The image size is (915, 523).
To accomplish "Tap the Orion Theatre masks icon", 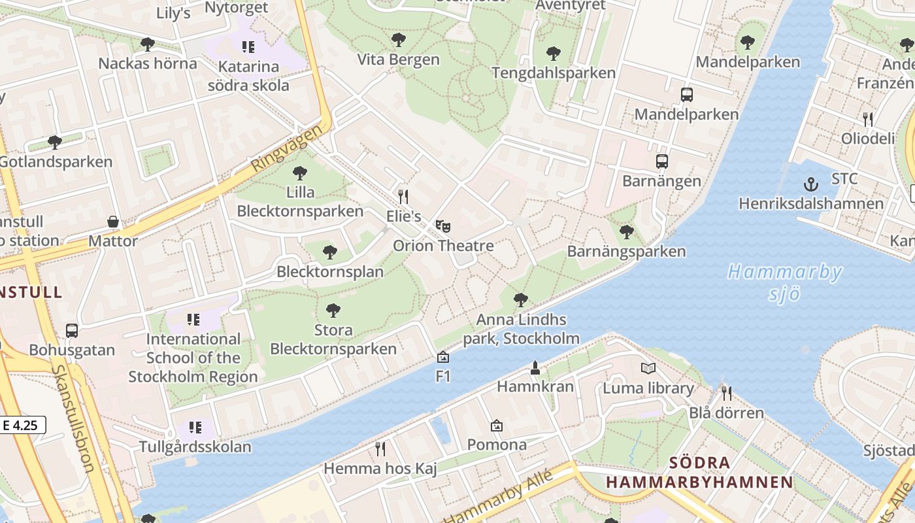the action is [x=443, y=226].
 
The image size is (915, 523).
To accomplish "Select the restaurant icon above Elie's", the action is [x=403, y=196].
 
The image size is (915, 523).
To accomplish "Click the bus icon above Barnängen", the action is [x=661, y=161].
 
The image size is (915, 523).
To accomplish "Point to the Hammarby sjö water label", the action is [x=784, y=282].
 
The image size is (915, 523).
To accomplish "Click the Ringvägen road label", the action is [x=288, y=148].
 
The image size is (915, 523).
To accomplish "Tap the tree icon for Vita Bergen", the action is [x=398, y=40].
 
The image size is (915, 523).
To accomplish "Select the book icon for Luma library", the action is [x=648, y=369].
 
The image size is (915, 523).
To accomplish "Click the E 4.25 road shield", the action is [x=21, y=425].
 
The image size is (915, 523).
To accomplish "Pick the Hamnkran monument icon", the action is [x=535, y=367].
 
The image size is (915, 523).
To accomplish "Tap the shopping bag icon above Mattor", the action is [x=113, y=222].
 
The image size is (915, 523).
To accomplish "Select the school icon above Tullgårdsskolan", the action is [x=195, y=428].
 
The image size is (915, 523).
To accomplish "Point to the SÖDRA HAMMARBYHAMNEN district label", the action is [x=699, y=473].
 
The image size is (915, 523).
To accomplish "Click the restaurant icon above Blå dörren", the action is [x=725, y=393].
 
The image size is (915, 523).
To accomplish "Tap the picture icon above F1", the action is [x=443, y=357].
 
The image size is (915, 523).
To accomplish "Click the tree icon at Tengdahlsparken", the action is [x=553, y=53].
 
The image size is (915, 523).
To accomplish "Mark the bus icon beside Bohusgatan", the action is [x=72, y=331].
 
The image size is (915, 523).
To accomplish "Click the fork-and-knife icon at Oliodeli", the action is [x=867, y=119].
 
